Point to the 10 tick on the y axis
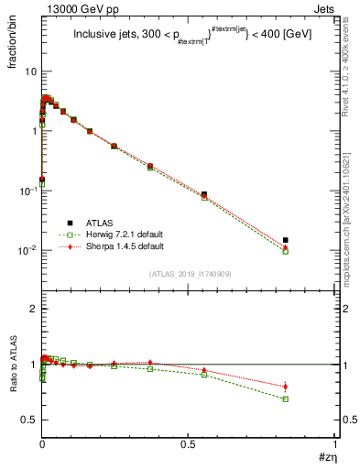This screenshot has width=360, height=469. [30, 71]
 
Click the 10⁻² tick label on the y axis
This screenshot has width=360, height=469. [27, 250]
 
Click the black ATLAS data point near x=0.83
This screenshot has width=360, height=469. [286, 240]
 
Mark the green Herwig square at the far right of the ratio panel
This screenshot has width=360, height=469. [286, 399]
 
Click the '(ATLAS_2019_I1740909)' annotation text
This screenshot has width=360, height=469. [189, 274]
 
